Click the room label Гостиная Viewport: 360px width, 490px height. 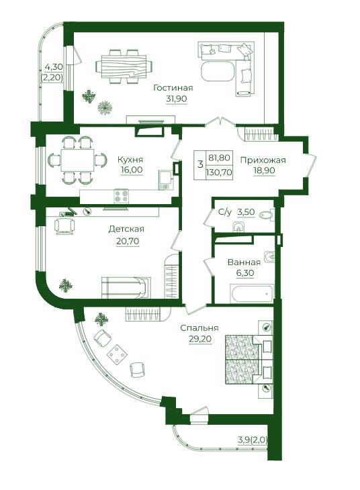(173, 88)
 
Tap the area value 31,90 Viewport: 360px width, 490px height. (177, 99)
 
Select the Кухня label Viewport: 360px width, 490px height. (130, 160)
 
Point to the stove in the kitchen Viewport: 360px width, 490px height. (121, 196)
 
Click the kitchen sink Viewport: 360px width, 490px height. (165, 180)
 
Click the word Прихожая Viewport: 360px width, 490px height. (263, 160)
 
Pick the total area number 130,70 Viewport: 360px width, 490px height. (219, 172)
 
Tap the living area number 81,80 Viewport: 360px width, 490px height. (219, 158)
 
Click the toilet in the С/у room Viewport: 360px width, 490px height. (267, 215)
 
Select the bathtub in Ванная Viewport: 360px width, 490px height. (251, 293)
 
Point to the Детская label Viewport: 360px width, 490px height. (126, 229)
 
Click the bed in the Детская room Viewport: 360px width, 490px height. (126, 287)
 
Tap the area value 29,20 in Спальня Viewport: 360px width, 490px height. (200, 339)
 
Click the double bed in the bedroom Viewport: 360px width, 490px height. (249, 359)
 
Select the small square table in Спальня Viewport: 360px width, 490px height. (118, 354)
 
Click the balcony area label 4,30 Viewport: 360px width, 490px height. (54, 66)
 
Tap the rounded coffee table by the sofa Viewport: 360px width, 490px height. (218, 72)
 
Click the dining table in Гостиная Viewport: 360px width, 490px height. (124, 67)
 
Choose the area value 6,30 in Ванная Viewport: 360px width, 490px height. (245, 273)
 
